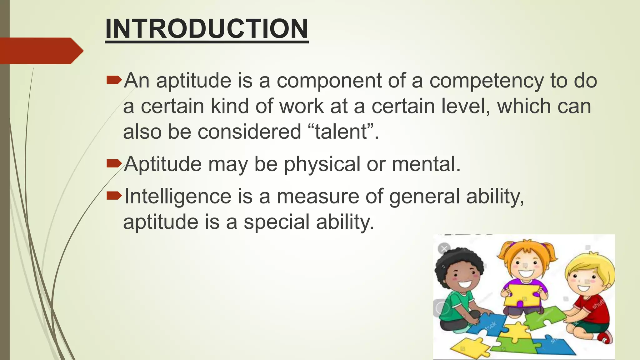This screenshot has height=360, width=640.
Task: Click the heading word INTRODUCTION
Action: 207,29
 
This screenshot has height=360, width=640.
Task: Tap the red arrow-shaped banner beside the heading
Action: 41,51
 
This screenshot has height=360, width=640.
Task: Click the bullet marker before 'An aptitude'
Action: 113,81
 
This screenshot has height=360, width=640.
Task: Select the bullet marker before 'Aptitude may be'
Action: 113,163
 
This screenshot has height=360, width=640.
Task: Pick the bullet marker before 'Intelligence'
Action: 113,196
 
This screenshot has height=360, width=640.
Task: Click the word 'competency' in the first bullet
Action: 487,81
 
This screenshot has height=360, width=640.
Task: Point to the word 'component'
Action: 329,81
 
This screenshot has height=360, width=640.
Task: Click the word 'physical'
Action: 322,164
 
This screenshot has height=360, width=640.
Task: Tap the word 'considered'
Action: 249,132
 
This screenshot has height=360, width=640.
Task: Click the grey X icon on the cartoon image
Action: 444,249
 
